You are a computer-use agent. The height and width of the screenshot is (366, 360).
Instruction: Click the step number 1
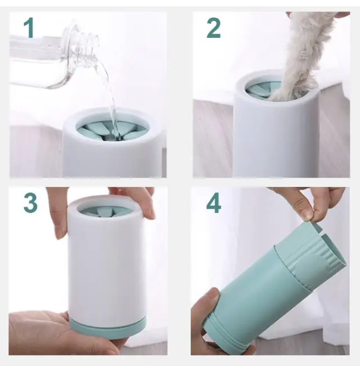pos(29,28)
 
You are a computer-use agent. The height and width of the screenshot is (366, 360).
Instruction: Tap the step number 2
pos(214,28)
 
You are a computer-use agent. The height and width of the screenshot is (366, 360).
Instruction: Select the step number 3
pos(31,202)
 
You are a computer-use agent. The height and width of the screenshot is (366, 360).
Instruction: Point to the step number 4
pos(214,202)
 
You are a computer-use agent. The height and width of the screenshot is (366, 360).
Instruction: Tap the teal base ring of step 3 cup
pos(108,326)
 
